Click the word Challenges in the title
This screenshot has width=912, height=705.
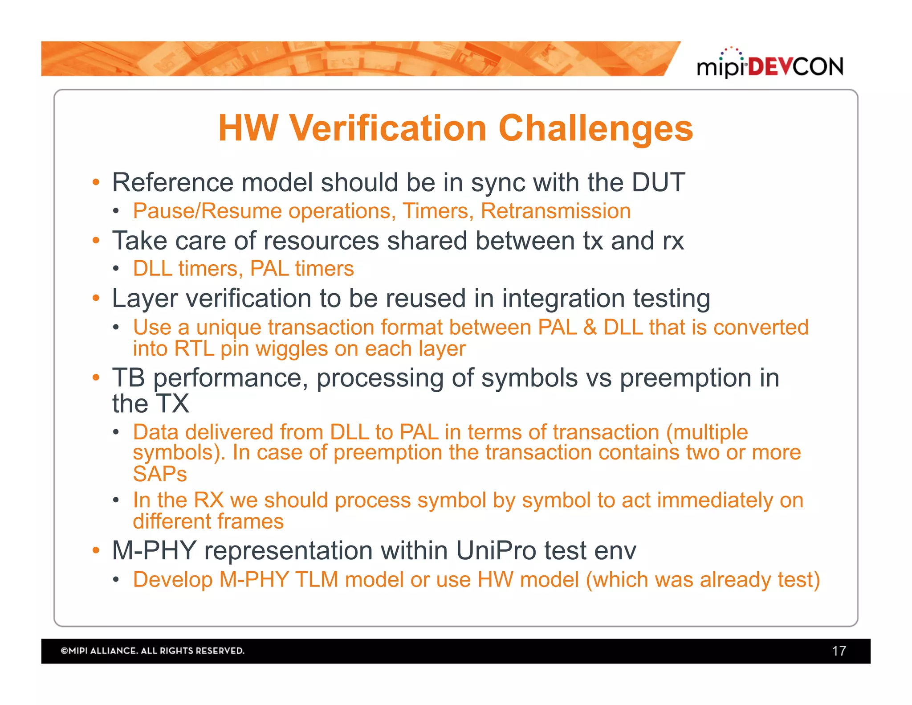(x=595, y=128)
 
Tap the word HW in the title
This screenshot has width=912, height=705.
(x=248, y=128)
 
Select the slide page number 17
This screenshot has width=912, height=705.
(x=839, y=651)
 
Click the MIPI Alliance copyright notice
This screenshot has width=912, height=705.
(x=152, y=651)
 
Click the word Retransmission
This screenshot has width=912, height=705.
(x=555, y=211)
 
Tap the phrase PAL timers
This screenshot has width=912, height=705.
(x=302, y=269)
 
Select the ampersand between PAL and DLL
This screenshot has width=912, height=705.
(x=590, y=328)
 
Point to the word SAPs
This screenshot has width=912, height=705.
(x=160, y=474)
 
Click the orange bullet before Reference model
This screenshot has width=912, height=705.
(x=96, y=183)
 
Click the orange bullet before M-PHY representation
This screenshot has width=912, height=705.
(x=96, y=550)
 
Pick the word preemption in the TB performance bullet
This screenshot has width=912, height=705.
(x=686, y=378)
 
